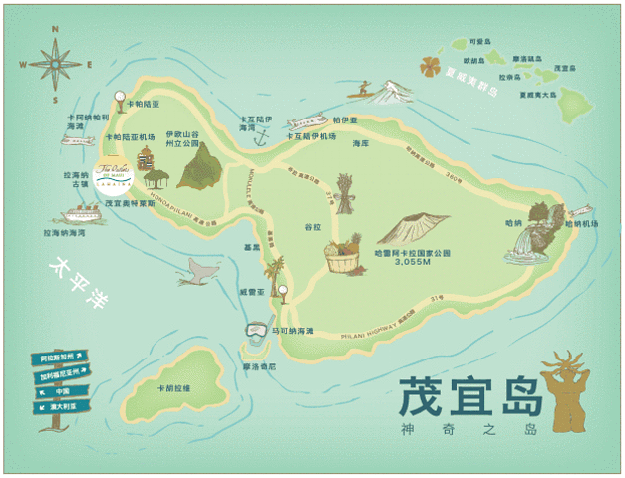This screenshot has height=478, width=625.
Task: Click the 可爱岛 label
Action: point(479,42)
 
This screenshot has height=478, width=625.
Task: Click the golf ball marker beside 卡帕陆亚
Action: point(121,100)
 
